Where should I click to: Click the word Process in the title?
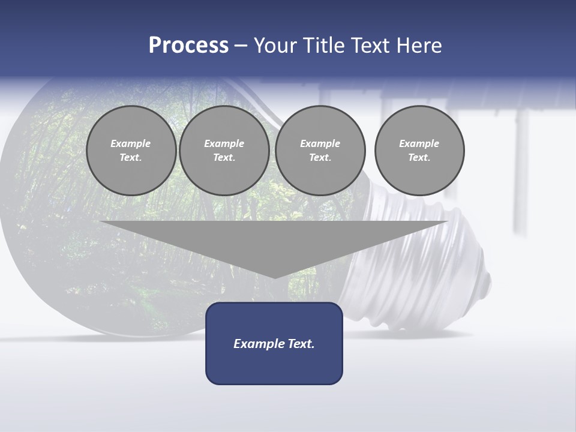[188, 46]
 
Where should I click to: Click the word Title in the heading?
[323, 46]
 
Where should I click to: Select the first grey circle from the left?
[131, 151]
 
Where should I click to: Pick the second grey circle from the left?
[224, 151]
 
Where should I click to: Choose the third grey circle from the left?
[320, 151]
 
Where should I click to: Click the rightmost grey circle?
[419, 151]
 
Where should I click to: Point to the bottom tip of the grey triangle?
[275, 278]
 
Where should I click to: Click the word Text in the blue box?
[301, 344]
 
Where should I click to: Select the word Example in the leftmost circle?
[131, 143]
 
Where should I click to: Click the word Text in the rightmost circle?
[419, 158]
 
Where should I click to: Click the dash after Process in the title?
[241, 46]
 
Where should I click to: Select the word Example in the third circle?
[320, 143]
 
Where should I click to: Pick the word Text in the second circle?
[224, 158]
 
